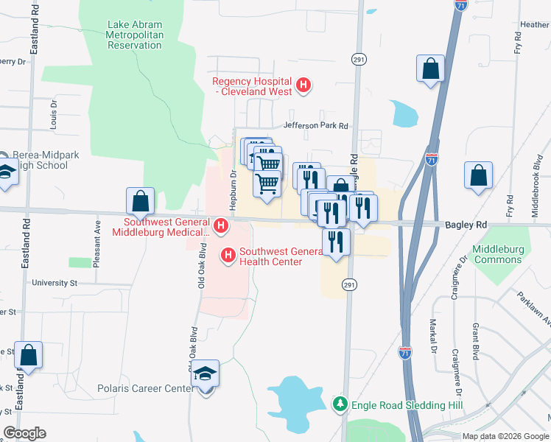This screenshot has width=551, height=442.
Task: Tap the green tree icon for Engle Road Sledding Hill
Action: pyautogui.click(x=340, y=404)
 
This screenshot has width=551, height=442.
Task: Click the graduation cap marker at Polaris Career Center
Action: pyautogui.click(x=206, y=373)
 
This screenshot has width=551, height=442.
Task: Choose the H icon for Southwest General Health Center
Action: pyautogui.click(x=228, y=256)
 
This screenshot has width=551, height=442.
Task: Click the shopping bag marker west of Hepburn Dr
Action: pyautogui.click(x=140, y=200)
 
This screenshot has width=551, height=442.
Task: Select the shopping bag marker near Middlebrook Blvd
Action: pyautogui.click(x=478, y=176)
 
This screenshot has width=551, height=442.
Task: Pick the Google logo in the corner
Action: pyautogui.click(x=25, y=433)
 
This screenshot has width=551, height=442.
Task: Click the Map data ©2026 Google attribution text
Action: pyautogui.click(x=505, y=436)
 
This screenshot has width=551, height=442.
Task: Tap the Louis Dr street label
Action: pyautogui.click(x=53, y=115)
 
